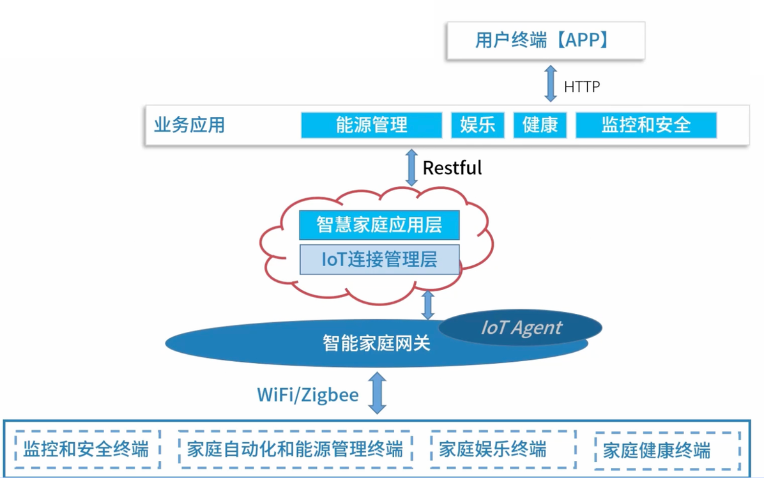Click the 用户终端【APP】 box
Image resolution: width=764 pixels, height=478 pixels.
point(545,40)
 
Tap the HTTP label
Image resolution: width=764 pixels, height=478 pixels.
point(582,87)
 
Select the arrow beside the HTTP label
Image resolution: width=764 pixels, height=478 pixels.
point(551,83)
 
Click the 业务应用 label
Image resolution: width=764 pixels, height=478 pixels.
point(189,125)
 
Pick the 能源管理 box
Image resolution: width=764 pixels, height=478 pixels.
point(371,125)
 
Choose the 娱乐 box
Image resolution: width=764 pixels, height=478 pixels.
point(478,125)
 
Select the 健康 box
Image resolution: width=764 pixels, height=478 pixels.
point(540,125)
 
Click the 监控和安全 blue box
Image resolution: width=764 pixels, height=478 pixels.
point(646,125)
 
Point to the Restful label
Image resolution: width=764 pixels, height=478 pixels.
point(452,168)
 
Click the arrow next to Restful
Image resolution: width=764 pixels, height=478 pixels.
point(412,167)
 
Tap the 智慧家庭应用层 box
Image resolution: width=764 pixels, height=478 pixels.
point(379,225)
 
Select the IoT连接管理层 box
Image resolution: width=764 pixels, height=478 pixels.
point(379,260)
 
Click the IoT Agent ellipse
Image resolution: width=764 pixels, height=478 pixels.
point(521,327)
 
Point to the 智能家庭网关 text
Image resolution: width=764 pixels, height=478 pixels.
point(376,344)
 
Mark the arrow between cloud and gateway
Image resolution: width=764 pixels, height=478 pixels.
point(428,305)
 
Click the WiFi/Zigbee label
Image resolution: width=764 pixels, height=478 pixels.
point(308,395)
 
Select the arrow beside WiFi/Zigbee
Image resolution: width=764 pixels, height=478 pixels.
point(377,393)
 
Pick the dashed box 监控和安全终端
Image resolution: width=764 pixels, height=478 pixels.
point(87,449)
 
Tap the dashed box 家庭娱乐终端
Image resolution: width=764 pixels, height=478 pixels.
point(503,449)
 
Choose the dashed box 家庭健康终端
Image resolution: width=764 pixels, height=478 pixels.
point(667,450)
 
